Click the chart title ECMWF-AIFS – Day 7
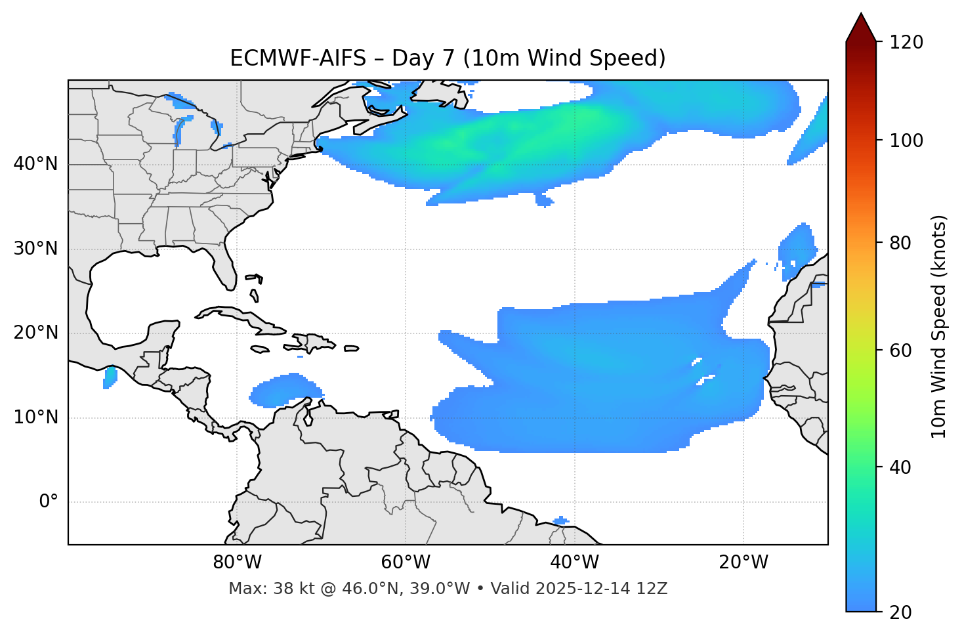click(x=448, y=58)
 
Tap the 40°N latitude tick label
click(x=35, y=164)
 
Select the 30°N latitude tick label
click(x=35, y=249)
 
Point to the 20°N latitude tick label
click(x=35, y=333)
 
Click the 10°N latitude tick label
click(x=35, y=417)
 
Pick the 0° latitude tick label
click(x=48, y=502)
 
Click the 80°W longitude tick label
click(x=237, y=562)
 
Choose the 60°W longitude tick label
click(x=406, y=562)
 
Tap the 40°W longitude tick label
click(x=574, y=562)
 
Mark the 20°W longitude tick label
click(x=743, y=562)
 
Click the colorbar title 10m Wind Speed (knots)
click(x=939, y=327)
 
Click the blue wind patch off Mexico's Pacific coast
click(x=110, y=377)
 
